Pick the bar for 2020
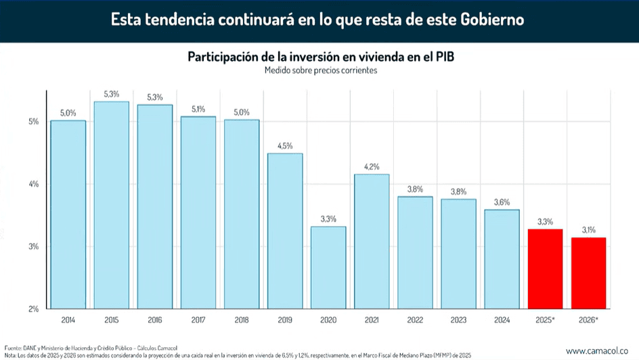tap(328, 267)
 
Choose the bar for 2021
tap(372, 241)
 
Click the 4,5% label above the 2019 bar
tap(285, 145)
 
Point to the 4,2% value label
tap(372, 166)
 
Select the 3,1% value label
tap(588, 230)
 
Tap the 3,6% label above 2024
tap(502, 202)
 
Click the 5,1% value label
tap(198, 108)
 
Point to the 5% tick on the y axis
tap(33, 122)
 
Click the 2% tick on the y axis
tap(33, 309)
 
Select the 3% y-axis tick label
tap(33, 246)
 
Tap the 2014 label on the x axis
tap(68, 319)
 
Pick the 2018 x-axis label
tap(242, 319)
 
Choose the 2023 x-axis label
tap(458, 319)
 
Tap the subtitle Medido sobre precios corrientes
tap(321, 70)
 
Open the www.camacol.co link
tap(598, 350)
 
